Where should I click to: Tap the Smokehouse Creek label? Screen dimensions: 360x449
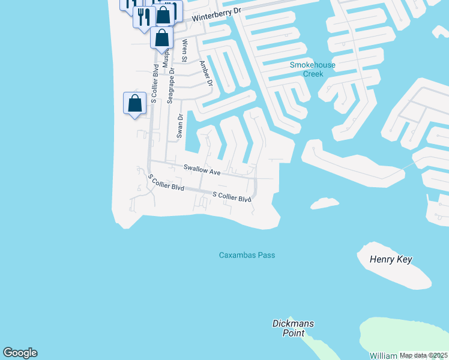[x=312, y=69]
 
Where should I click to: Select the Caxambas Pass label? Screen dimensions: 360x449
[x=246, y=255]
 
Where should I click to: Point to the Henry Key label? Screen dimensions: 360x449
[x=392, y=260]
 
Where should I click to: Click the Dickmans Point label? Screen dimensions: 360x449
[x=293, y=328]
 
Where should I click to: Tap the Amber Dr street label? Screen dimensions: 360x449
[x=206, y=73]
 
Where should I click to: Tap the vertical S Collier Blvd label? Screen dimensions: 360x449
[x=154, y=84]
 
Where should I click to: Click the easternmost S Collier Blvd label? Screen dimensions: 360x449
[x=232, y=197]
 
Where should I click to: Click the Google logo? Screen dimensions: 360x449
[x=20, y=353]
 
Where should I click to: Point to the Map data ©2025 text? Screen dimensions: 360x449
[x=423, y=355]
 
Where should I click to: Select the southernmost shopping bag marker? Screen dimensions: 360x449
[x=135, y=103]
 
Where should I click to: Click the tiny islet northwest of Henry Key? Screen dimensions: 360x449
[x=324, y=203]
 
